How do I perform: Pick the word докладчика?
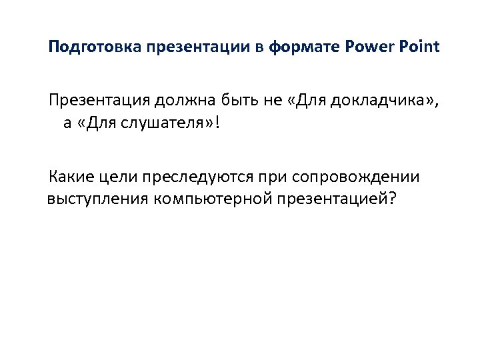tap(379, 101)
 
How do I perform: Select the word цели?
tap(119, 177)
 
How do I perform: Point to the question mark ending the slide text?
tap(391, 199)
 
